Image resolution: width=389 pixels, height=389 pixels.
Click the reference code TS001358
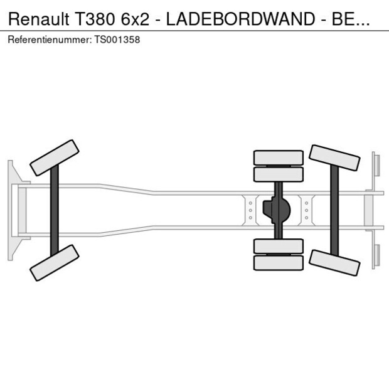117,40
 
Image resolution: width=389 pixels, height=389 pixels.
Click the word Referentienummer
50,40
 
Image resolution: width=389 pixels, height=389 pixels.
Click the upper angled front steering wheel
55,157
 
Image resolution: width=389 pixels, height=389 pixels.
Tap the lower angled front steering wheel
55,262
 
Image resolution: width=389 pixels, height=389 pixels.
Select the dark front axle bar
55,210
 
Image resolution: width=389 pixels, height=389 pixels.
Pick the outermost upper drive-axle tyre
278,157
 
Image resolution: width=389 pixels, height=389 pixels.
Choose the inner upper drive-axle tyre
278,174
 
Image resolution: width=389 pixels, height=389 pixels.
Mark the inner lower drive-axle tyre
278,246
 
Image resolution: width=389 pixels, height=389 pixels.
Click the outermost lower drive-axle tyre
278,262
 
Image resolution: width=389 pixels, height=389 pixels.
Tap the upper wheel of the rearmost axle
334,158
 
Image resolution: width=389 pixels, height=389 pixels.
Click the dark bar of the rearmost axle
334,210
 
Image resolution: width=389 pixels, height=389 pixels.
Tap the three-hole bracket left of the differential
250,210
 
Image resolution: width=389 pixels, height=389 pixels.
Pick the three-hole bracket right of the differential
306,210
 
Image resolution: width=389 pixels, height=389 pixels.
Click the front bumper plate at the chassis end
11,210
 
